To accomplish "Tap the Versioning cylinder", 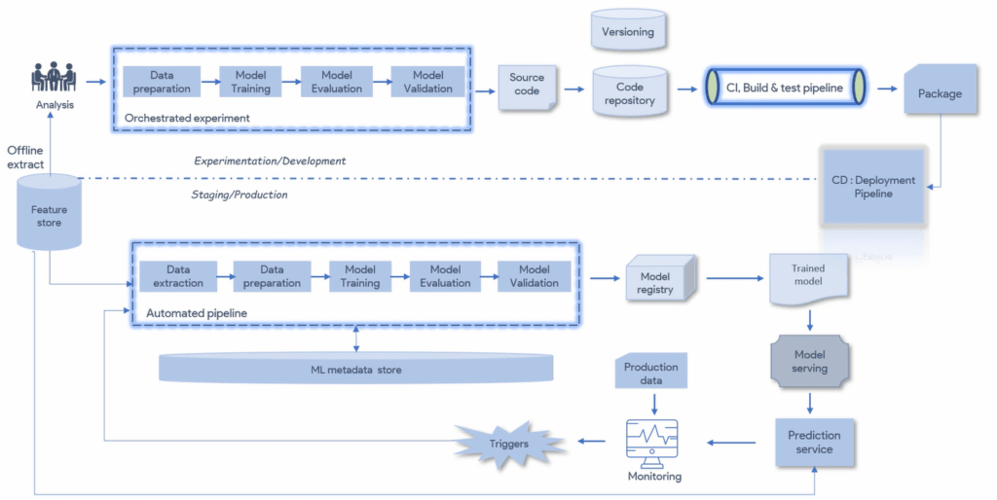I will coord(628,31).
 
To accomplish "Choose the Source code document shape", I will coord(527,89).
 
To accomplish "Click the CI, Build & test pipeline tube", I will coord(785,87).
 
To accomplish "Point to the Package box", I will coord(940,93).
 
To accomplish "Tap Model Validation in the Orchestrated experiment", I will coord(427,82).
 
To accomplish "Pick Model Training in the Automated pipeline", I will coord(360,276).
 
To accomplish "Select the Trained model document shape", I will coord(807,276).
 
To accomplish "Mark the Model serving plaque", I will coord(809,362).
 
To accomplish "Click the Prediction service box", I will coord(813,443).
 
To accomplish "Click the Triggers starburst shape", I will coord(509,444).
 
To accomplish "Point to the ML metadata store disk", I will coord(356,369).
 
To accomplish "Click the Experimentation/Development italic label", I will coord(270,161).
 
